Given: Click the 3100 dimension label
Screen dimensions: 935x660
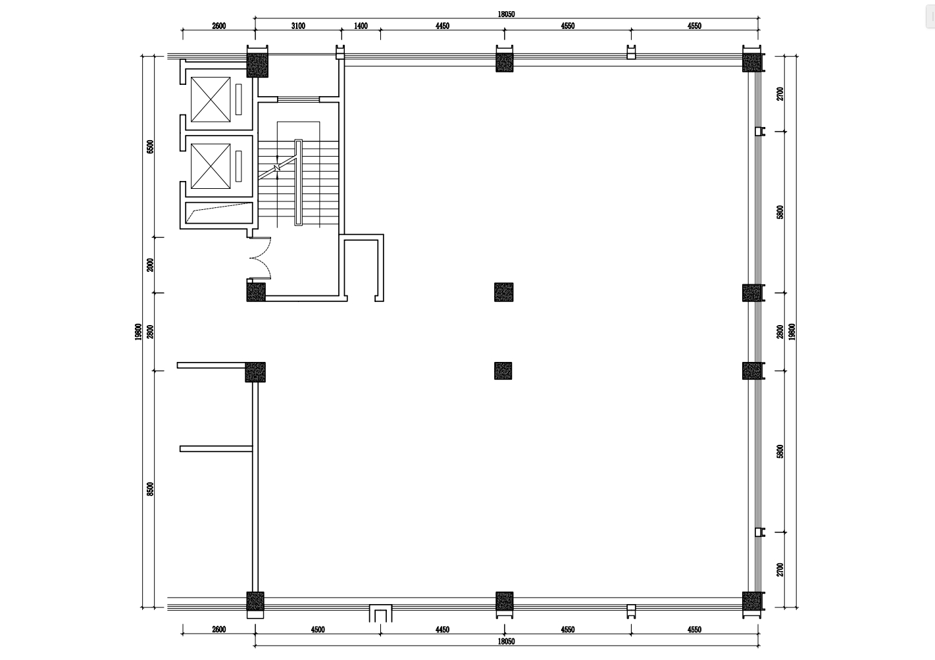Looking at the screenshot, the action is pos(298,26).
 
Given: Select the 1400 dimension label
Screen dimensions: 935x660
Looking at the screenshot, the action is pos(361,26).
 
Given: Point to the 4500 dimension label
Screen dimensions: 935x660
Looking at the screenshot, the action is pos(318,630).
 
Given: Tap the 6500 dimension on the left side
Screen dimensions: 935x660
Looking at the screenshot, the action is pos(150,147).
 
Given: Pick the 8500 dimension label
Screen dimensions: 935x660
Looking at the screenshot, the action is pos(150,489).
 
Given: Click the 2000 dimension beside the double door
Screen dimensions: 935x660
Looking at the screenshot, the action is pos(150,265).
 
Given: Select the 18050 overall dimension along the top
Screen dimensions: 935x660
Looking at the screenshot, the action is pos(506,14).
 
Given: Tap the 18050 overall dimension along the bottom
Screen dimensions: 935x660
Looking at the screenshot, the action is pos(506,641).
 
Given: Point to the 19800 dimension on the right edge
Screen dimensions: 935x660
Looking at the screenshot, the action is pos(792,332).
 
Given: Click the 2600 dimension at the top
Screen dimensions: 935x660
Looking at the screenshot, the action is pos(218,26).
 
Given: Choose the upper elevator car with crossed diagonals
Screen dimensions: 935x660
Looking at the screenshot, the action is pos(211,99).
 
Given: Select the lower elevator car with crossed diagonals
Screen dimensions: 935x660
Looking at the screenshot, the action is pos(211,166).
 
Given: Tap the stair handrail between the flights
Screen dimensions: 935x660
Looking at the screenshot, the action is pos(299,182).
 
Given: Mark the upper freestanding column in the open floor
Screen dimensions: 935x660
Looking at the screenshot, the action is pos(504,292).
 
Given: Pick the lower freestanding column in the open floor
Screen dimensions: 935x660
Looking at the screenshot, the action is pos(503,370).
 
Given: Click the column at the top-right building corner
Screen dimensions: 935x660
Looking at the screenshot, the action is pos(752,63).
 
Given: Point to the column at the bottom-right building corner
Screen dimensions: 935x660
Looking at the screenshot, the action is pos(752,601).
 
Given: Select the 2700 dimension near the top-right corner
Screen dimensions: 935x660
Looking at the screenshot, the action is pos(780,93).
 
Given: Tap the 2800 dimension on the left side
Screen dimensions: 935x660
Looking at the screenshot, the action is pos(150,332).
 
